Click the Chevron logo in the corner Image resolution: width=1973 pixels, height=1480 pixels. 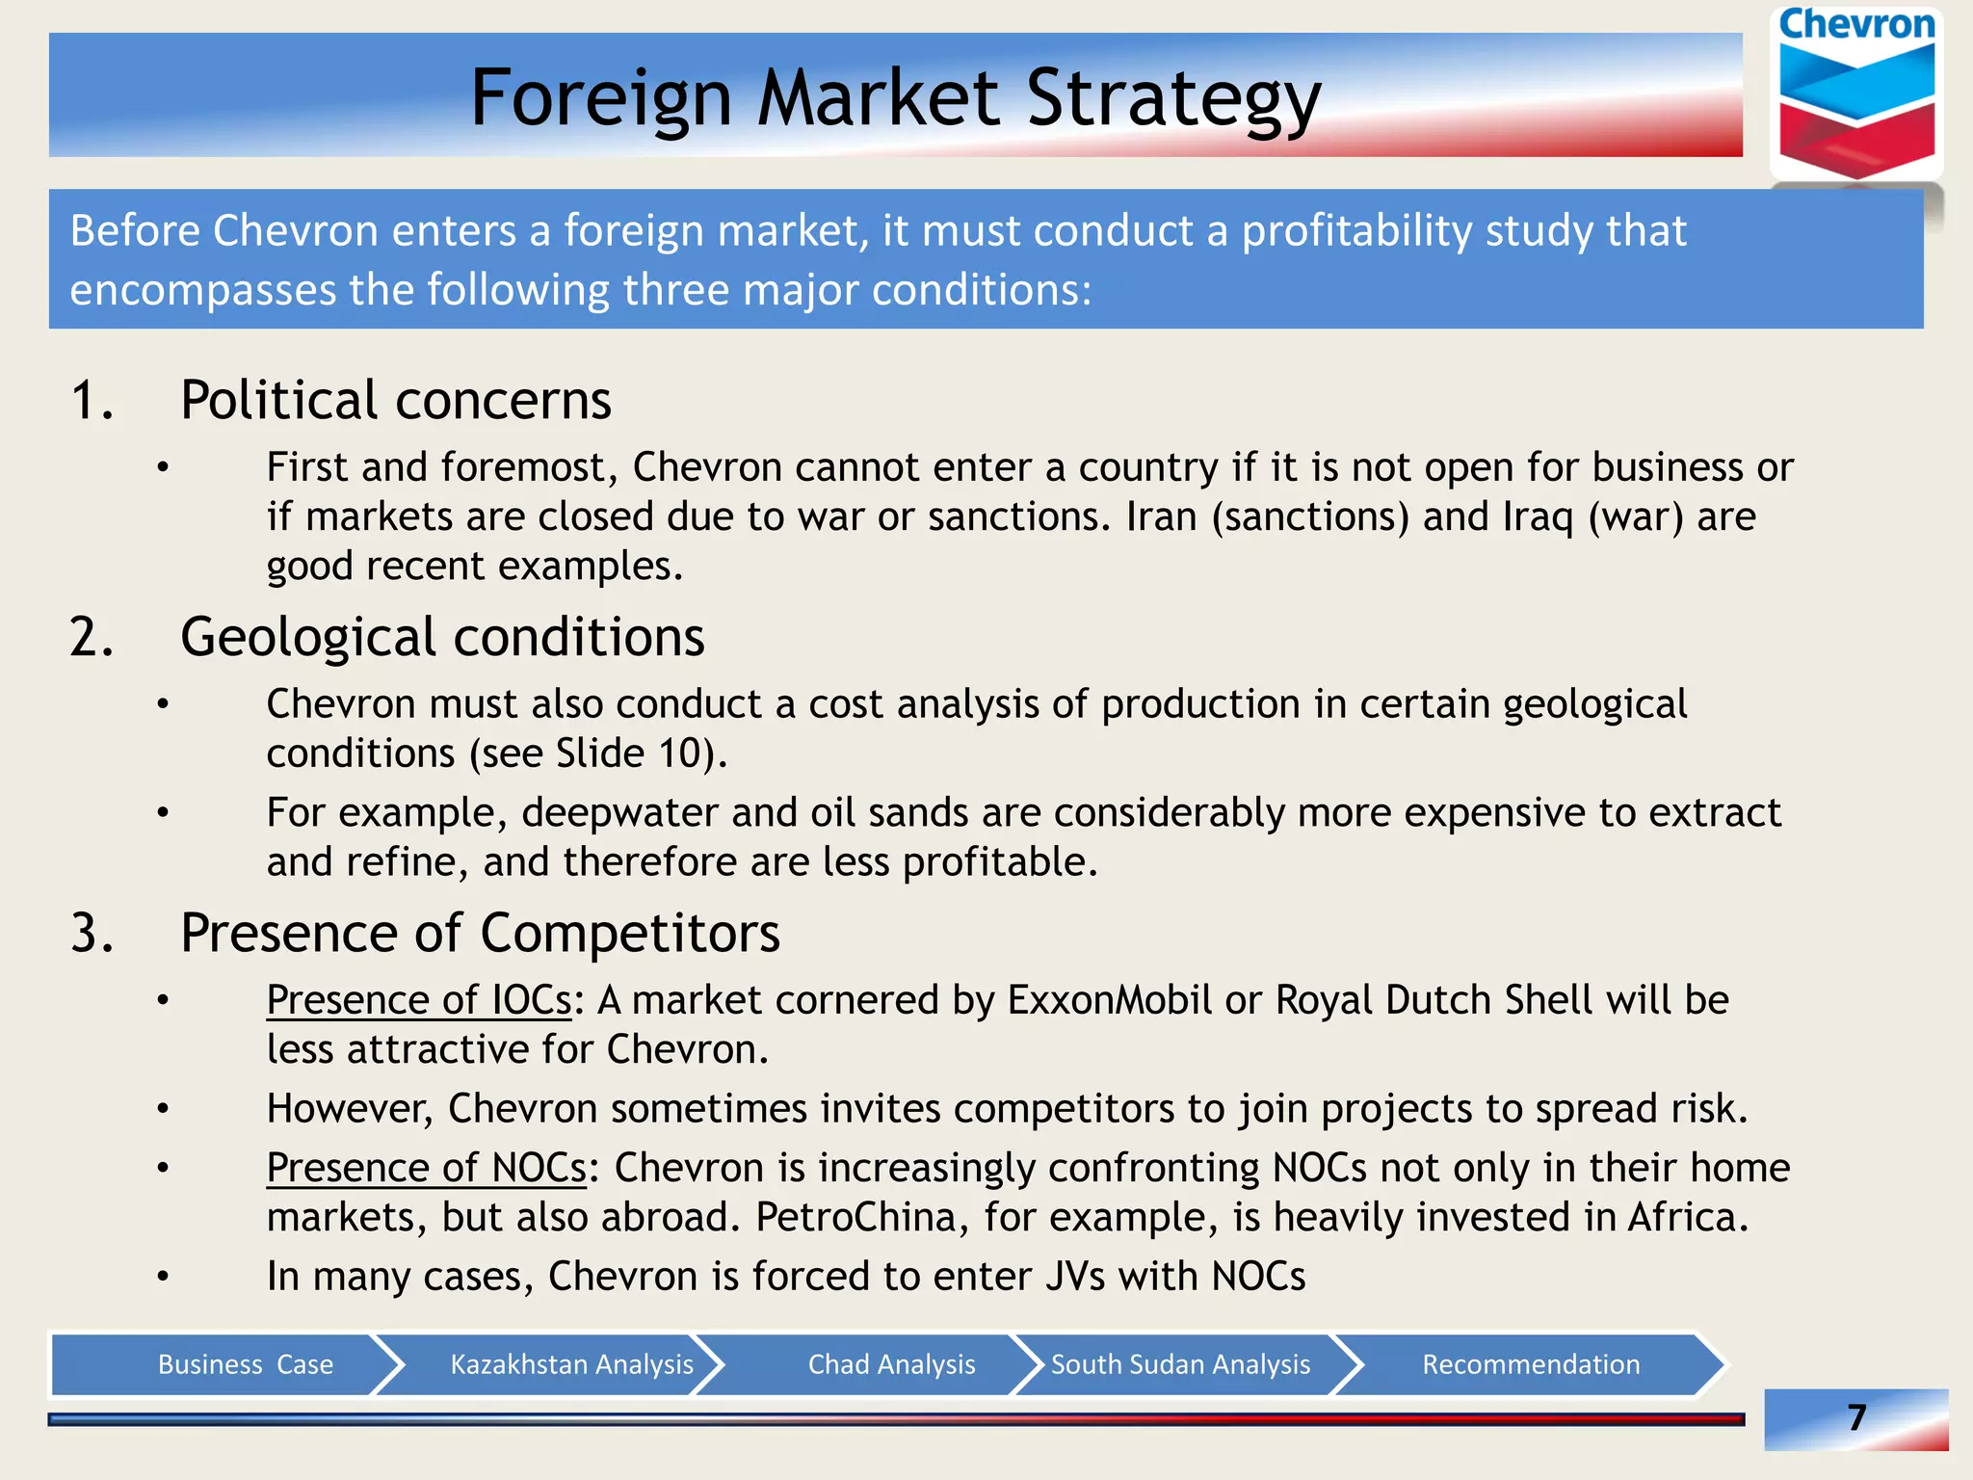coord(1856,94)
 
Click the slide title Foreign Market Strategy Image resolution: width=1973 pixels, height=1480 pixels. coord(895,97)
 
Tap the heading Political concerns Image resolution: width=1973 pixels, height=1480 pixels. coord(395,400)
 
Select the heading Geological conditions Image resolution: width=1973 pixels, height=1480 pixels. coord(442,637)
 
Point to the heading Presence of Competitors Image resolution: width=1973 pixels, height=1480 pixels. coord(480,933)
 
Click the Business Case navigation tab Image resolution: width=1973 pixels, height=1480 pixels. coord(245,1364)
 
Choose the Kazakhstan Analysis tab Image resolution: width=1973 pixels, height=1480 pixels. coord(571,1364)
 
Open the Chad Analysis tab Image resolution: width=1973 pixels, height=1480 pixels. coord(891,1364)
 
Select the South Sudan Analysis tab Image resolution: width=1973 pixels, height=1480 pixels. coord(1180,1364)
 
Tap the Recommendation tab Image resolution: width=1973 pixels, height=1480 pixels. coord(1531,1364)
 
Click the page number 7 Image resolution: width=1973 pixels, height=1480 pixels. coord(1856,1417)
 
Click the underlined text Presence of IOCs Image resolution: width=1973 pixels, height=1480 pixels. coord(419,1000)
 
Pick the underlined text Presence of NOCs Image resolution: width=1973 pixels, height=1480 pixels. coord(427,1168)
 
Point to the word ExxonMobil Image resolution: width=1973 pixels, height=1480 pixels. coord(1110,1000)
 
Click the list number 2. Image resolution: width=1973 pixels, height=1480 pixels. coord(91,638)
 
